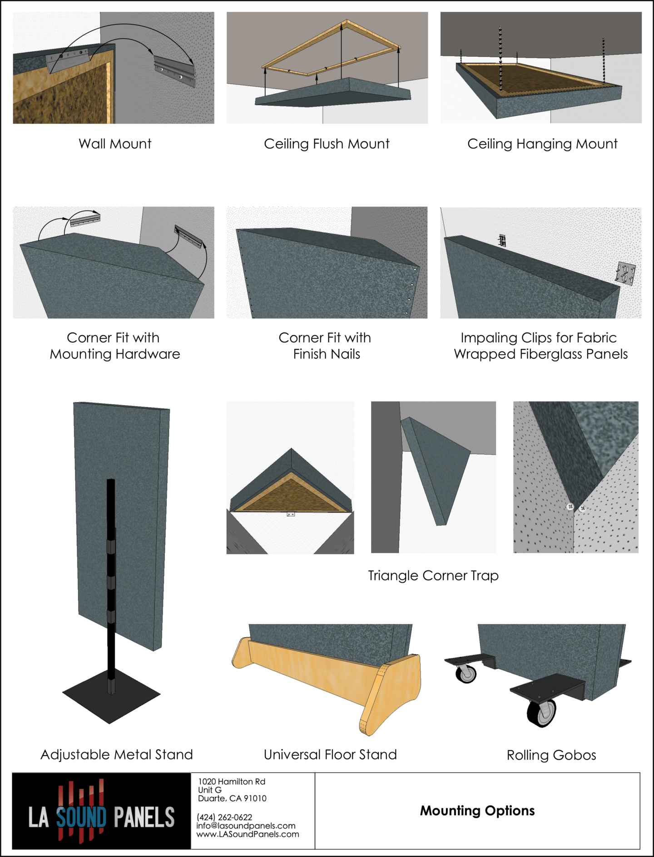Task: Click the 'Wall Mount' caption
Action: coord(115,144)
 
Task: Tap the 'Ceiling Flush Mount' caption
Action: coord(327,144)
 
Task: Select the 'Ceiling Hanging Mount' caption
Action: coord(542,144)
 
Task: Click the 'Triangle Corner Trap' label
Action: coord(433,575)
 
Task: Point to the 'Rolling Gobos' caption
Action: coord(551,755)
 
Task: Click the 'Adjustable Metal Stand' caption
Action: coord(117,754)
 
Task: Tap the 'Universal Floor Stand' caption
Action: coord(330,754)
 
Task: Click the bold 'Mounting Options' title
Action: coord(477,811)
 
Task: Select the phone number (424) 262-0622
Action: coord(224,817)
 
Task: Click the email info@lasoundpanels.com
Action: coord(246,826)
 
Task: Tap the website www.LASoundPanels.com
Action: coord(248,834)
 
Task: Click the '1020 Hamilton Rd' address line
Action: coord(232,782)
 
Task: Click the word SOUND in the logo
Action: coord(81,817)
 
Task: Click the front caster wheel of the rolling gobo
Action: coord(542,713)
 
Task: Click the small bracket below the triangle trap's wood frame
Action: coord(291,514)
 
